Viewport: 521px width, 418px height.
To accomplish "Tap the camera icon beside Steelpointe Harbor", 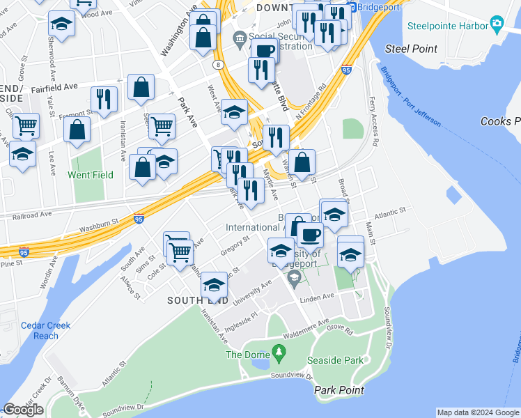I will [497, 24].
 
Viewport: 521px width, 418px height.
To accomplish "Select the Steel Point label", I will [412, 49].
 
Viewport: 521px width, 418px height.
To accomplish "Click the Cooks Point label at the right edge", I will [500, 121].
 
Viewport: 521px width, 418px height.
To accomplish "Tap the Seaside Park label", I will [336, 360].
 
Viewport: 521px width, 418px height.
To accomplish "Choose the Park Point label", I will [339, 390].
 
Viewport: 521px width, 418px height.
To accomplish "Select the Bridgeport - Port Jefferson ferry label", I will [411, 95].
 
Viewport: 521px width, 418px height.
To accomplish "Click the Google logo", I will [23, 410].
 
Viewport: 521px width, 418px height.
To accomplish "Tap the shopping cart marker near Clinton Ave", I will [26, 127].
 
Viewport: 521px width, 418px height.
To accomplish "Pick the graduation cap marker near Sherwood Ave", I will [62, 23].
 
